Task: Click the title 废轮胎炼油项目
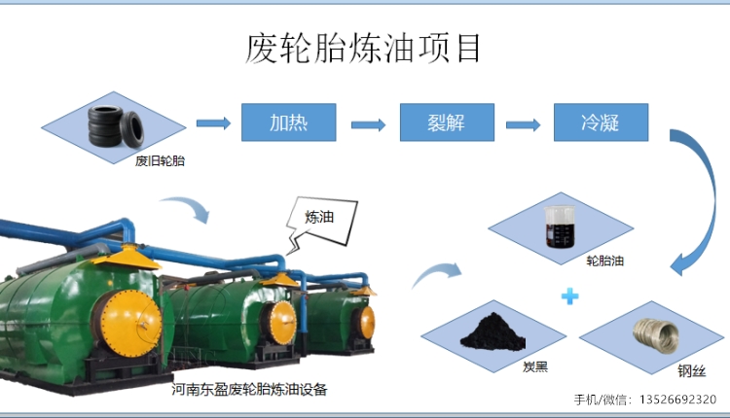363,49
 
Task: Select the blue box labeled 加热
289,122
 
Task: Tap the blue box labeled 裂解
447,122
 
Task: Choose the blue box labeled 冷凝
602,122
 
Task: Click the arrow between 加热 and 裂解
368,124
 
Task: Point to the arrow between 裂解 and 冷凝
524,124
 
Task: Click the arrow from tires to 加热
214,123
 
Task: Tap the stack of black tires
116,126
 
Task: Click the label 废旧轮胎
160,160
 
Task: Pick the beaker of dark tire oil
560,226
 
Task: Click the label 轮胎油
604,261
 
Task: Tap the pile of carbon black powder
493,332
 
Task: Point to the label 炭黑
535,366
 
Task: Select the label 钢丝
692,370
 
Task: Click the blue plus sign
569,296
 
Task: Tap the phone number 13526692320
677,400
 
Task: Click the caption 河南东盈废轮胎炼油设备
249,389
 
